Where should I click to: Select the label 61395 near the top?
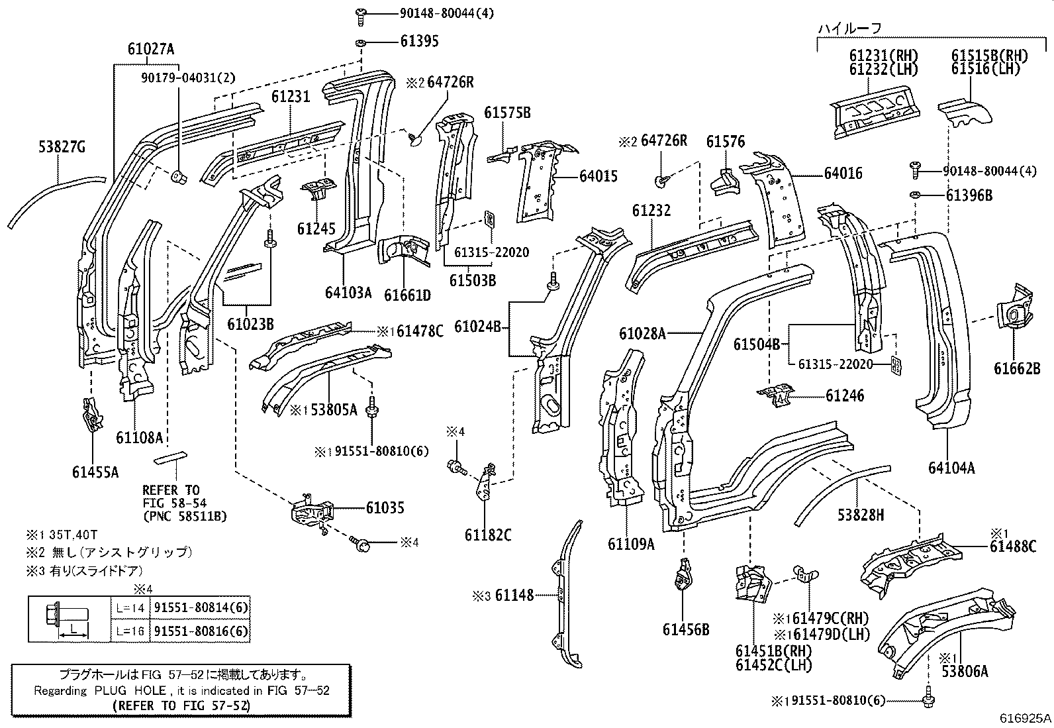(419, 41)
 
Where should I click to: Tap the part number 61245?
(316, 229)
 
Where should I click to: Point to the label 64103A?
(348, 292)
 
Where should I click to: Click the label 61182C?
(487, 535)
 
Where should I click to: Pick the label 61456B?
(685, 629)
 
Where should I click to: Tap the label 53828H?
(860, 514)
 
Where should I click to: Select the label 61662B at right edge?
(1016, 369)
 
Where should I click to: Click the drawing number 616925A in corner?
(1026, 717)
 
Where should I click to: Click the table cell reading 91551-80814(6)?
(201, 608)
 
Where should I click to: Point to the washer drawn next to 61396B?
(916, 195)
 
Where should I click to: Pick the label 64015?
(598, 176)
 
